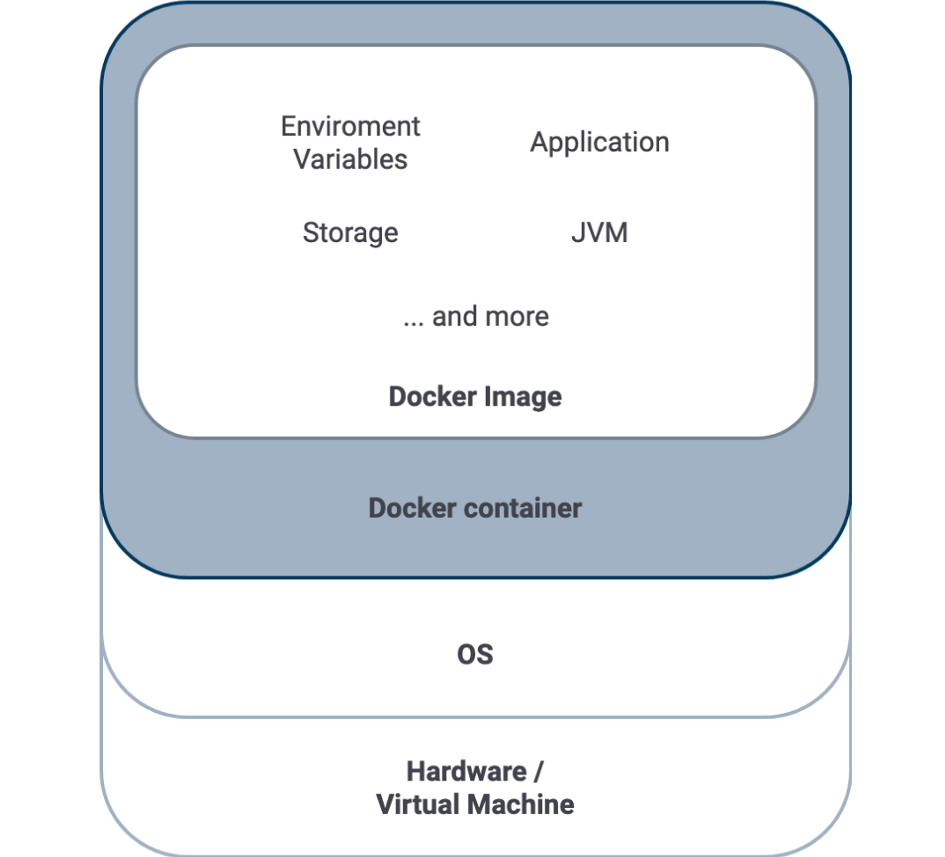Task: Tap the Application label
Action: tap(599, 143)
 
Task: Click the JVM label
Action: tap(599, 233)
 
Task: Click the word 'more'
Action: tap(517, 317)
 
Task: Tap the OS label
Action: tap(475, 654)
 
